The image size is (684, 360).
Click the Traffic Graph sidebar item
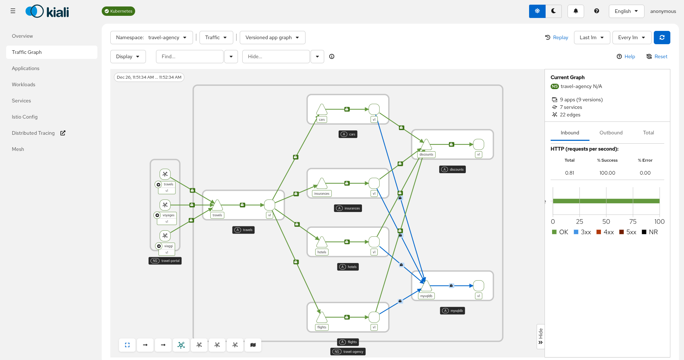coord(27,52)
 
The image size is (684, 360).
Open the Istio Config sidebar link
coord(25,117)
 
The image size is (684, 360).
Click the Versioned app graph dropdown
coord(272,37)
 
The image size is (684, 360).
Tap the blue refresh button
coord(662,37)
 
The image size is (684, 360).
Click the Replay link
coord(557,37)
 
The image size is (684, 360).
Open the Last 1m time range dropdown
coord(592,37)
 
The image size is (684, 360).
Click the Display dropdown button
coord(128,56)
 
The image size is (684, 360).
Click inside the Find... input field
coord(189,56)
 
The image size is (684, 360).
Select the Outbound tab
coord(611,133)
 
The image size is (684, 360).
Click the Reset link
coord(657,56)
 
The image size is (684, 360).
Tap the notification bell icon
coord(575,11)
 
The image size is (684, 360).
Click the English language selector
coord(626,11)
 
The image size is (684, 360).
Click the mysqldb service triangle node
coord(426,286)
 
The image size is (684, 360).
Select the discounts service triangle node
coord(426,144)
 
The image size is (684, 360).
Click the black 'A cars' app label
coord(348,134)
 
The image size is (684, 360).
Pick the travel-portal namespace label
coord(165,261)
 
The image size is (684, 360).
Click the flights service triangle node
coord(322,318)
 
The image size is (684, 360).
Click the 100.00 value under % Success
coord(607,173)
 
